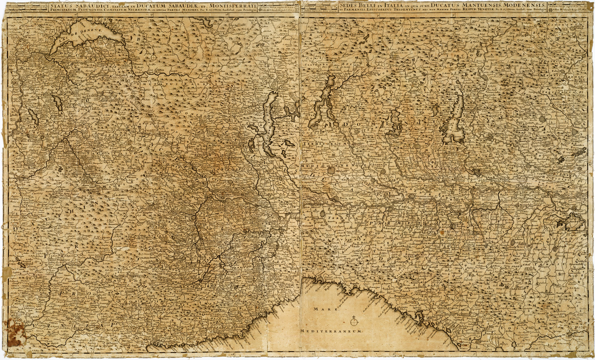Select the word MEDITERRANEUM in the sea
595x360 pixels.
(331, 331)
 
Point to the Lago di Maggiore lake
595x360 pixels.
(271, 119)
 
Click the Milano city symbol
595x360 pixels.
(331, 171)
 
